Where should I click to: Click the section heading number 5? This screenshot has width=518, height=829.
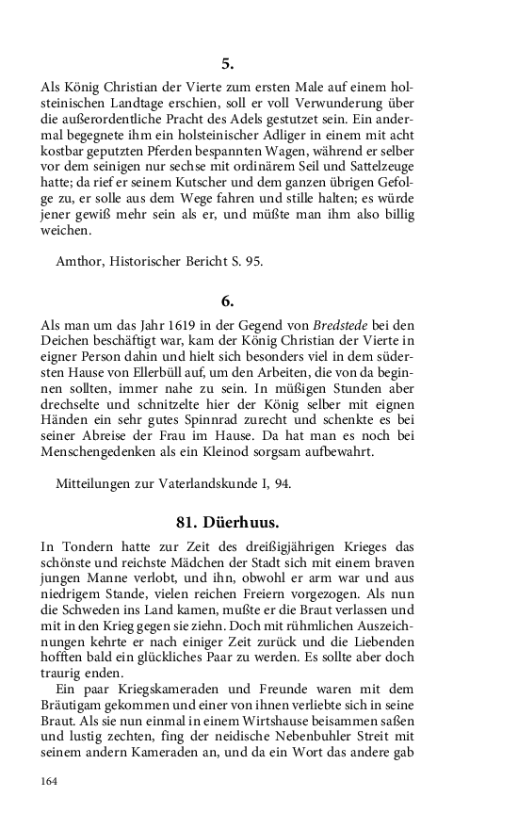click(x=227, y=65)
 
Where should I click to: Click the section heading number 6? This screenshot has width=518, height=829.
click(x=227, y=301)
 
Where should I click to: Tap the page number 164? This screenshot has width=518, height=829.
click(x=50, y=781)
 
